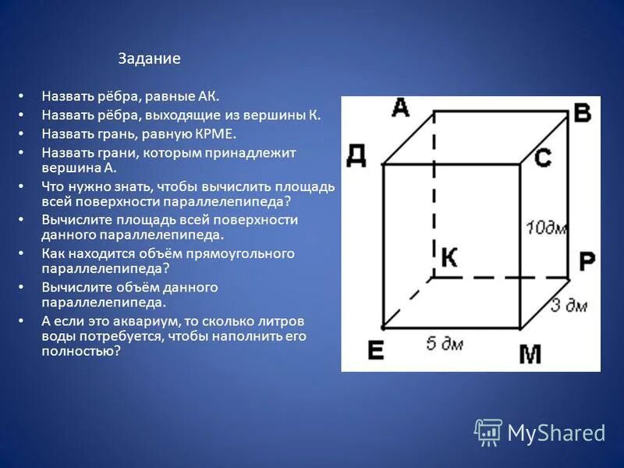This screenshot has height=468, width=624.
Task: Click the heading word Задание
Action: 149,58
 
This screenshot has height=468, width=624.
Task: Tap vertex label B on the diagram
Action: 582,113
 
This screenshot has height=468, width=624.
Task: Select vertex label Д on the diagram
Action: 356,155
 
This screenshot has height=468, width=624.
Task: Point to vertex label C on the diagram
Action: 543,158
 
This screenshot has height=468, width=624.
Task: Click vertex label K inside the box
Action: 448,257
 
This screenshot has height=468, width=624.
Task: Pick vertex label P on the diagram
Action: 587,262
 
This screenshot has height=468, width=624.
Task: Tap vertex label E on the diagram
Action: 376,350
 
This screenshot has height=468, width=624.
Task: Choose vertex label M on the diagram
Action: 530,353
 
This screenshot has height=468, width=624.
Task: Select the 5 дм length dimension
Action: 444,342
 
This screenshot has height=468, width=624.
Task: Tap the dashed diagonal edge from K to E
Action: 408,302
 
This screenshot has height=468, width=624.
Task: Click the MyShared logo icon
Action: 488,432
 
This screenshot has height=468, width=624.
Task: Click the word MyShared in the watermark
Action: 556,433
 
